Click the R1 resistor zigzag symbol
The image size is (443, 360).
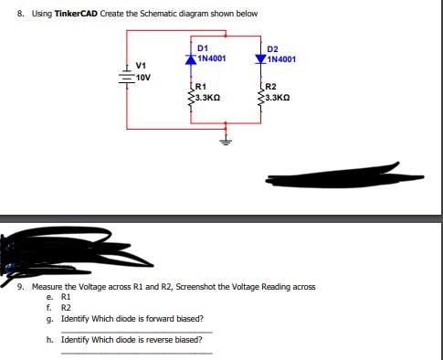[189, 94]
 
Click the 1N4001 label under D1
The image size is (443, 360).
[213, 57]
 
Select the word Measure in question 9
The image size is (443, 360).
[47, 287]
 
